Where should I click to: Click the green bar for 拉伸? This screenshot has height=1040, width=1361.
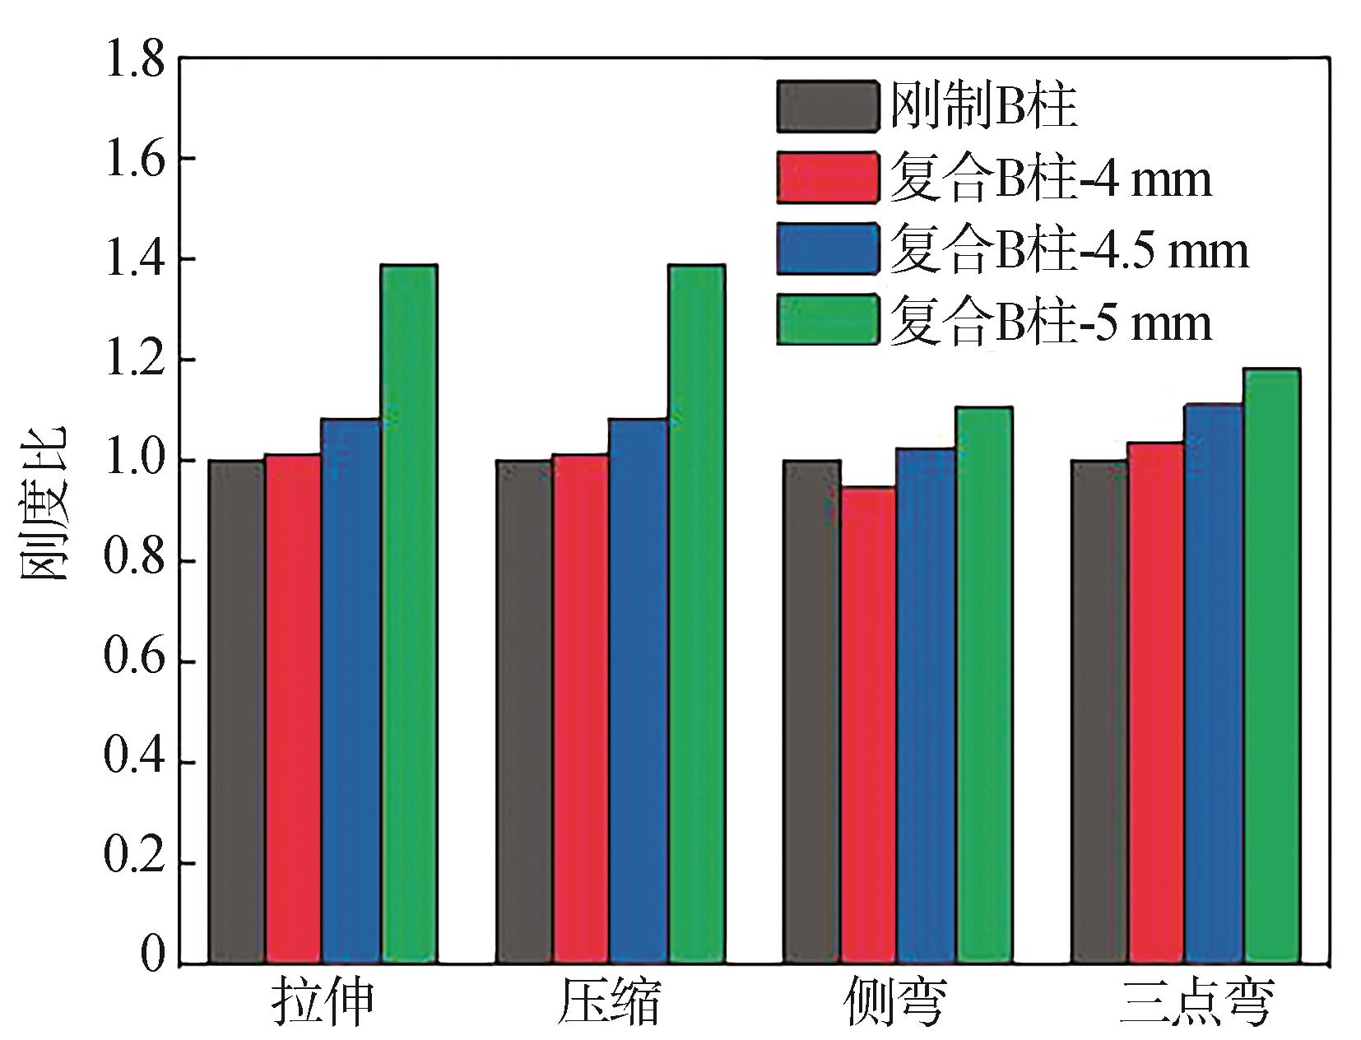tap(408, 613)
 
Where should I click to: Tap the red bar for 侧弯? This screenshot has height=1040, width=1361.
tap(869, 724)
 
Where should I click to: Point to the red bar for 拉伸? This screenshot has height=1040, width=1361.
tap(294, 708)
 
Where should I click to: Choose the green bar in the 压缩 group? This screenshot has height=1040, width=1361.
tap(696, 613)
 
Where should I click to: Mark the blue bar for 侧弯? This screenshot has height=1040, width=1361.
tap(927, 705)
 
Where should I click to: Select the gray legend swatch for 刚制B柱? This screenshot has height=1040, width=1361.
tap(826, 105)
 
